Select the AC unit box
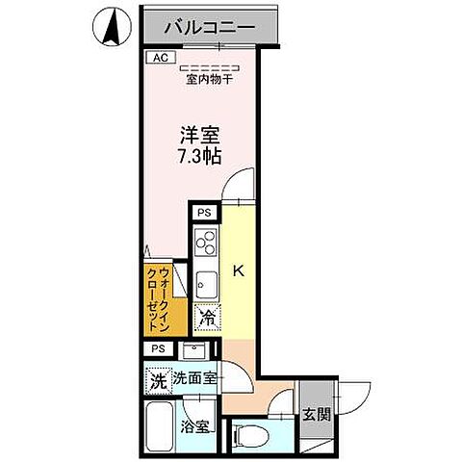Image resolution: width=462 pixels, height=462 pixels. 160,58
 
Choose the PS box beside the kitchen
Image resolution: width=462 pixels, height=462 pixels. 204,214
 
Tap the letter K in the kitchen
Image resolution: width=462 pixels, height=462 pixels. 239,272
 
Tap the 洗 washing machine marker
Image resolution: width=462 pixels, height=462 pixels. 158,379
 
